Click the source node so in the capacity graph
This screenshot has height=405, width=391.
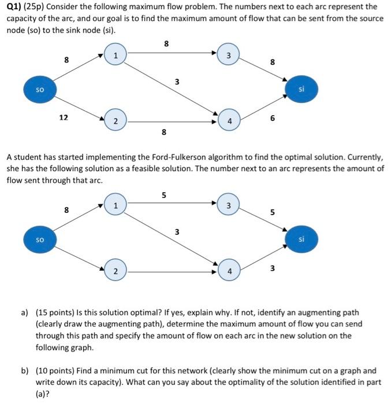pyautogui.click(x=39, y=90)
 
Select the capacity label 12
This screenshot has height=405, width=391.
pyautogui.click(x=64, y=117)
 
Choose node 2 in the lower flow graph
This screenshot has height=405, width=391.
pyautogui.click(x=116, y=271)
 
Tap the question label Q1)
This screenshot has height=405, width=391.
pyautogui.click(x=14, y=7)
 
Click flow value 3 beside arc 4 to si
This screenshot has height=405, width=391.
pyautogui.click(x=273, y=267)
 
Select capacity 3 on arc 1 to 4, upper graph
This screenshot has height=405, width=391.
pyautogui.click(x=177, y=82)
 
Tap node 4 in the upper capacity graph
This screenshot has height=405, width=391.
pyautogui.click(x=229, y=122)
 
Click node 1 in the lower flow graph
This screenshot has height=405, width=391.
pyautogui.click(x=116, y=205)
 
